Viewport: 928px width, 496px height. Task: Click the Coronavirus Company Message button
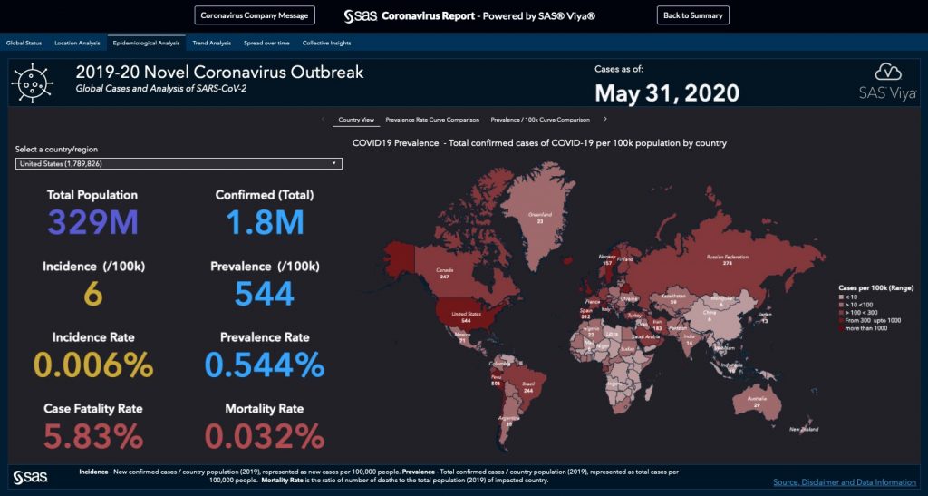click(x=255, y=15)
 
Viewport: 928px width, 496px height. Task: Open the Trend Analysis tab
click(x=212, y=43)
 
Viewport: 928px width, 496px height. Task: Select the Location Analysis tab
click(x=77, y=43)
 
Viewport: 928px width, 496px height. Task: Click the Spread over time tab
click(x=266, y=43)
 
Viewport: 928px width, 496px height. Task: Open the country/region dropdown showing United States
click(x=179, y=163)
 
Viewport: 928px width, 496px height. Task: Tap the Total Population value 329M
click(x=92, y=222)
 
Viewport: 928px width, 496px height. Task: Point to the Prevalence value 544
click(x=264, y=293)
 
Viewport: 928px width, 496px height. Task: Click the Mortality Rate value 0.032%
click(x=264, y=435)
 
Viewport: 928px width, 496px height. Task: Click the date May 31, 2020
click(x=667, y=92)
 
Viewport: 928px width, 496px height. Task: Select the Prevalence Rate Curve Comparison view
click(x=432, y=119)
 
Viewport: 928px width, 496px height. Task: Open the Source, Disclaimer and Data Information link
click(x=845, y=481)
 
